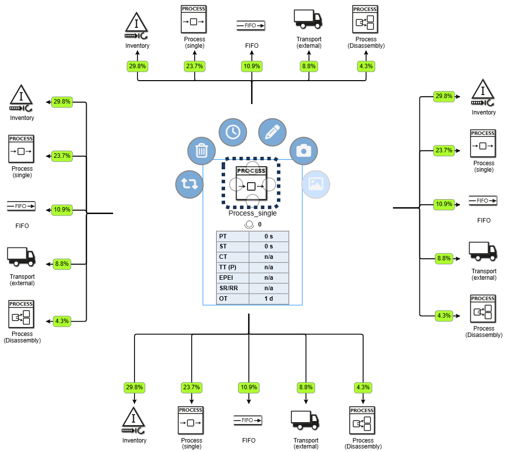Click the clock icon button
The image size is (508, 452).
tap(233, 132)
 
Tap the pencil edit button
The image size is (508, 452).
tap(272, 132)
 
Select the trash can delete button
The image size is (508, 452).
tap(201, 150)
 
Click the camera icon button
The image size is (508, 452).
tap(304, 150)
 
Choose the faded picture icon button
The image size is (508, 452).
tap(316, 184)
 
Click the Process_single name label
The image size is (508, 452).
tap(253, 214)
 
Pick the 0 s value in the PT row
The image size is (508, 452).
tap(269, 236)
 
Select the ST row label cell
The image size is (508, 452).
tap(233, 246)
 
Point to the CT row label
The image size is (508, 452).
tap(233, 257)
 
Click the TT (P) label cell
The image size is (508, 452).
tap(233, 267)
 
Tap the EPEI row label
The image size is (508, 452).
tap(233, 278)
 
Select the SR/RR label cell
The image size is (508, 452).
tap(233, 288)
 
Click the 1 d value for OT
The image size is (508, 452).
tap(269, 299)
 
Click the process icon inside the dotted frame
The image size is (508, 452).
tap(251, 183)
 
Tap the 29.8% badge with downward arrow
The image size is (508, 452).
tap(134, 387)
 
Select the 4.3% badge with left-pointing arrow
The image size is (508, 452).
tap(62, 321)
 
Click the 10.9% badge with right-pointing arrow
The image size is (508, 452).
tap(444, 204)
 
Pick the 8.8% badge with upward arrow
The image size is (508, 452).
tap(309, 66)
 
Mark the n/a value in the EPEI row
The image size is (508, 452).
tap(269, 278)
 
